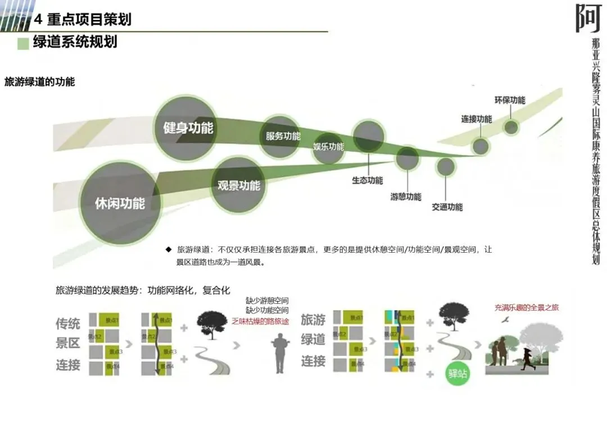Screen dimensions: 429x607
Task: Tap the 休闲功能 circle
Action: pyautogui.click(x=120, y=203)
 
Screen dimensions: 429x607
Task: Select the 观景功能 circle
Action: pyautogui.click(x=239, y=185)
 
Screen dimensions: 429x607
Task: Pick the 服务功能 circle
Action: pyautogui.click(x=283, y=136)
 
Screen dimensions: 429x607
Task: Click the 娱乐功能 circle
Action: pyautogui.click(x=328, y=147)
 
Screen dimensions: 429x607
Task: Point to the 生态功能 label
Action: pyautogui.click(x=368, y=180)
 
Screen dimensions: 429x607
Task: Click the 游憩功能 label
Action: pyautogui.click(x=406, y=197)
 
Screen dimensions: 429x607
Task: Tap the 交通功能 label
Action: pyautogui.click(x=447, y=207)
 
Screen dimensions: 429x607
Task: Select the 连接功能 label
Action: pyautogui.click(x=477, y=119)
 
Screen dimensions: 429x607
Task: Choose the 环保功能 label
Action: pyautogui.click(x=510, y=100)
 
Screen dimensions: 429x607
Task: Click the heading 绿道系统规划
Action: pyautogui.click(x=75, y=42)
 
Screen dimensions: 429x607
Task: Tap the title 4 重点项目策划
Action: pyautogui.click(x=83, y=19)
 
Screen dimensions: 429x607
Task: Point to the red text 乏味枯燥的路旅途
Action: pyautogui.click(x=260, y=321)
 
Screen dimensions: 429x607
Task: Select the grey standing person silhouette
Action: pyautogui.click(x=279, y=353)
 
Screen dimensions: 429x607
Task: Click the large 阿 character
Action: pyautogui.click(x=588, y=18)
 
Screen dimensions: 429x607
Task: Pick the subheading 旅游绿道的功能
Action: pyautogui.click(x=39, y=82)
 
